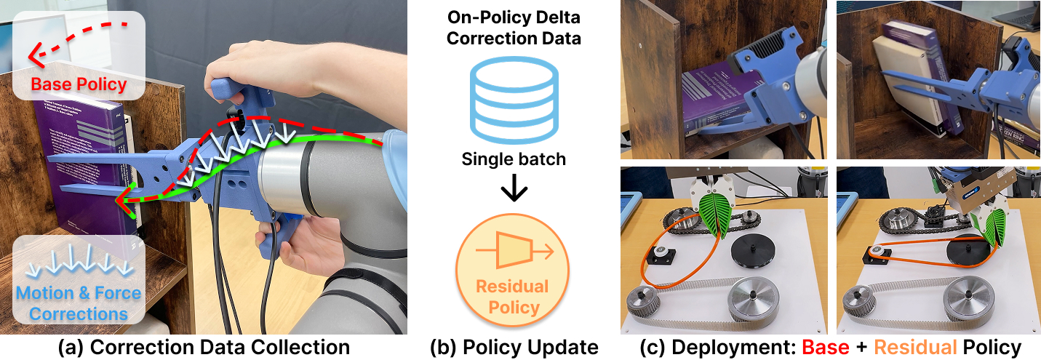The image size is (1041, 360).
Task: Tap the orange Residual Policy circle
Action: [513, 269]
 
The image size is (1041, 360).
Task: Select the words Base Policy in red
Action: [79, 84]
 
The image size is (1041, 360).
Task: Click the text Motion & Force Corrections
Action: [78, 303]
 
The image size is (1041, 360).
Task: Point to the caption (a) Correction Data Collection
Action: [204, 348]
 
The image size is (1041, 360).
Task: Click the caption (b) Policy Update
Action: [514, 348]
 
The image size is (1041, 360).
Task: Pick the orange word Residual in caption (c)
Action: [915, 347]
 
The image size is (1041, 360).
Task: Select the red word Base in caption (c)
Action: [826, 347]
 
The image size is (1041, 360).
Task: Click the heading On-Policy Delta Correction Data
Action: [514, 28]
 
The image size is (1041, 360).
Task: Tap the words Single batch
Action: [514, 159]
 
